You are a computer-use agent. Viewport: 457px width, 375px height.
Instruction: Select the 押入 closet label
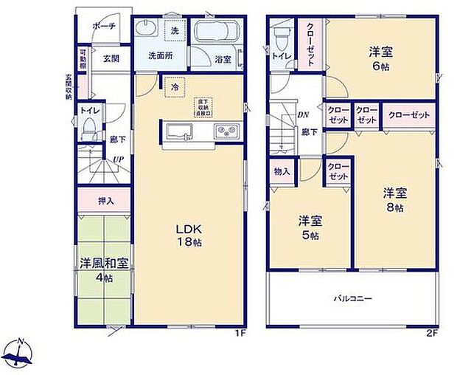click(106, 200)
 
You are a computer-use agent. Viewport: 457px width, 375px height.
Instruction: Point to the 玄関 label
click(111, 58)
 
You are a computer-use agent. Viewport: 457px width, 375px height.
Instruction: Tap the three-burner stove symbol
click(224, 131)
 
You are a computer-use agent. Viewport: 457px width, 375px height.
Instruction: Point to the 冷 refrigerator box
click(175, 86)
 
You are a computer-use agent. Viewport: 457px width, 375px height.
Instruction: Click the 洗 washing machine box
click(175, 31)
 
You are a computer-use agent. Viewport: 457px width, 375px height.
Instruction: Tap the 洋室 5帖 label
click(310, 227)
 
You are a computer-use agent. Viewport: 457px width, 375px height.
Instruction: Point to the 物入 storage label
click(282, 171)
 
